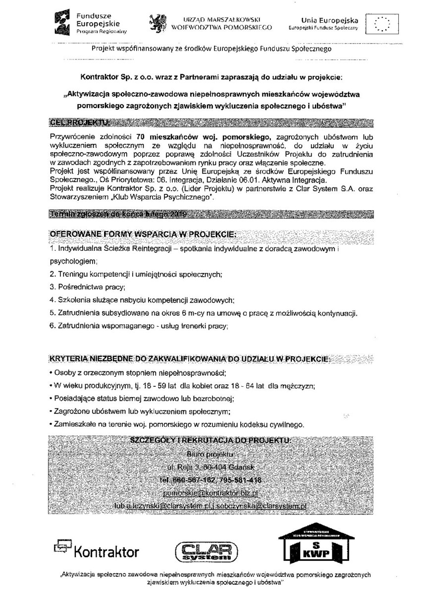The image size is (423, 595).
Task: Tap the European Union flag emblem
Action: click(381, 23)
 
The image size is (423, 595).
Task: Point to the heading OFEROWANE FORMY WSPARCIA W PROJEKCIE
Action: click(142, 234)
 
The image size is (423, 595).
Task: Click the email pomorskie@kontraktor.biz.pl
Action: click(211, 493)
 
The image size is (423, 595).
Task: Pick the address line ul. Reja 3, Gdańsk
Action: click(211, 467)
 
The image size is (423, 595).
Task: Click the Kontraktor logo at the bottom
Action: click(97, 550)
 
